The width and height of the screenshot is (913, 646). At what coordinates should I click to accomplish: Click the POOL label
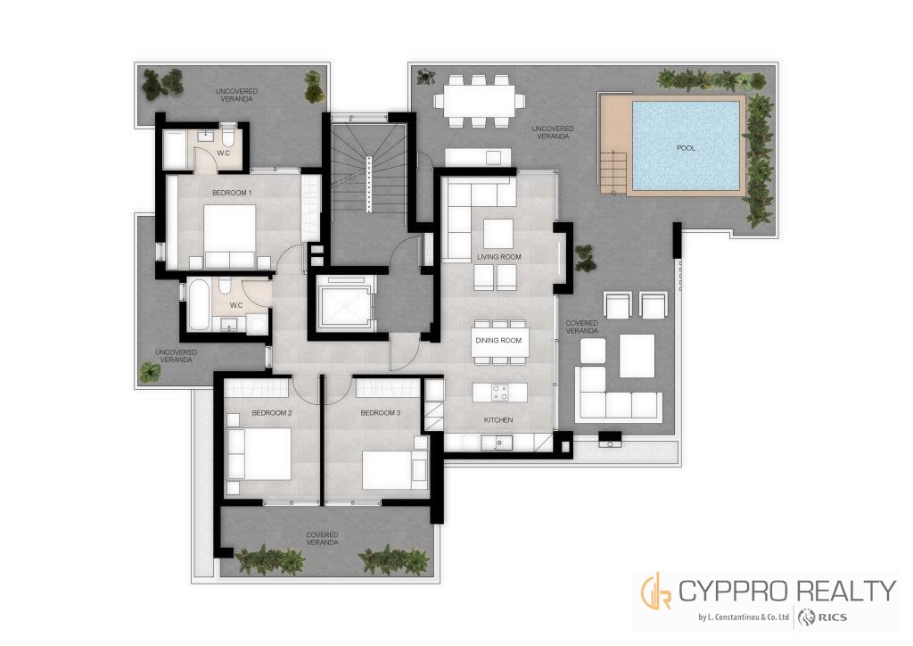(x=686, y=148)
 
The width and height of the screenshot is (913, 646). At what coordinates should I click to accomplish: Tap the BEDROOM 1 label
(x=232, y=192)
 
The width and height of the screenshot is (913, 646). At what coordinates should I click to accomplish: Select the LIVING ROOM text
(x=499, y=257)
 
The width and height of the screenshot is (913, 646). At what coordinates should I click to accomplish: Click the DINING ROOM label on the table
(x=498, y=340)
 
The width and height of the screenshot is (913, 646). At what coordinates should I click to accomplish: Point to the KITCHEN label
(x=498, y=420)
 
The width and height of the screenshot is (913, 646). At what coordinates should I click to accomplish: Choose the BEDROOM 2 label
(x=272, y=413)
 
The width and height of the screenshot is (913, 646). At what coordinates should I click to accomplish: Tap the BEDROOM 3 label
(x=380, y=413)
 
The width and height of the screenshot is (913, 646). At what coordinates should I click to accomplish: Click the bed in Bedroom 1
(x=230, y=236)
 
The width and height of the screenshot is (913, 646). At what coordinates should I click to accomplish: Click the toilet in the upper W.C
(x=227, y=136)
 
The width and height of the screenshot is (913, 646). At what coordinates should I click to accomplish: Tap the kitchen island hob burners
(x=499, y=393)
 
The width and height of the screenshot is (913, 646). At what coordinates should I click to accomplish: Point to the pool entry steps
(x=613, y=171)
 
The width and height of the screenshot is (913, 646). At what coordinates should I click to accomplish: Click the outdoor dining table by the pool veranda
(x=478, y=100)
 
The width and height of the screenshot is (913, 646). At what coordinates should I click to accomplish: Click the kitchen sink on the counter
(x=499, y=443)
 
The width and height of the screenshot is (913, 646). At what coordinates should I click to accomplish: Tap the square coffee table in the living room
(x=498, y=234)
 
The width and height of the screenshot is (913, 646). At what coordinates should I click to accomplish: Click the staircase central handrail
(x=368, y=185)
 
